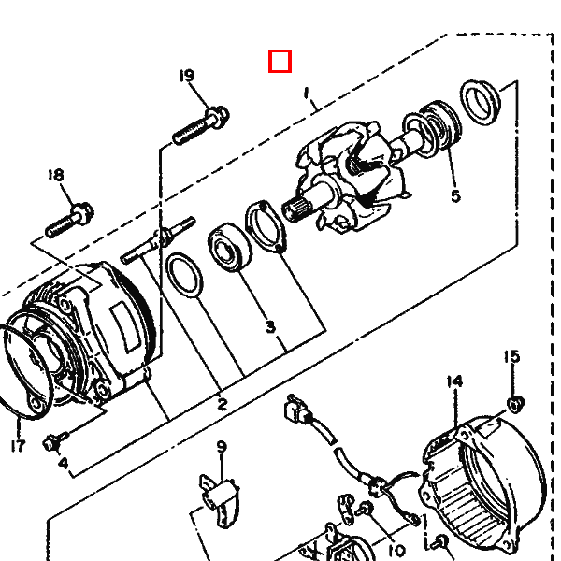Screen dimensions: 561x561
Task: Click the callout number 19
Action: click(x=187, y=76)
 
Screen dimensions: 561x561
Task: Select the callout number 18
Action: click(x=56, y=175)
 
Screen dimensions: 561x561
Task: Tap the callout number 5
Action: click(x=455, y=196)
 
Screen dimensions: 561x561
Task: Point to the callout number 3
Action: click(x=271, y=326)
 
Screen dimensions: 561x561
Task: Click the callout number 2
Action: click(x=223, y=404)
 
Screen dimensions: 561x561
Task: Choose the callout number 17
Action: click(x=18, y=446)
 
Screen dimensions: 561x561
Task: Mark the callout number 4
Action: click(x=63, y=463)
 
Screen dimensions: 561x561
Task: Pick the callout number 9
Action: click(x=222, y=447)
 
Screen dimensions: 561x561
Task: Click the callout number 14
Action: click(x=454, y=381)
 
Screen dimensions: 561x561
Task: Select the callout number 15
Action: click(x=511, y=356)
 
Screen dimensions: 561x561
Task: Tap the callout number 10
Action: click(x=396, y=550)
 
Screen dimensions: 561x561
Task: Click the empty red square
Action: click(x=280, y=61)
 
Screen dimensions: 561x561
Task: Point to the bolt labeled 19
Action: click(x=201, y=125)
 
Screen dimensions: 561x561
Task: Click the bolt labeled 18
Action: click(x=70, y=220)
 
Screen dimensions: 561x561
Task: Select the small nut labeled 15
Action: click(x=515, y=404)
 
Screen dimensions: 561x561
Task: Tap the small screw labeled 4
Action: click(x=55, y=441)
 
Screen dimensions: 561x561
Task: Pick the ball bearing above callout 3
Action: click(x=230, y=247)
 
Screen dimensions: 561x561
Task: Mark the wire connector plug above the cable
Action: click(x=298, y=410)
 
